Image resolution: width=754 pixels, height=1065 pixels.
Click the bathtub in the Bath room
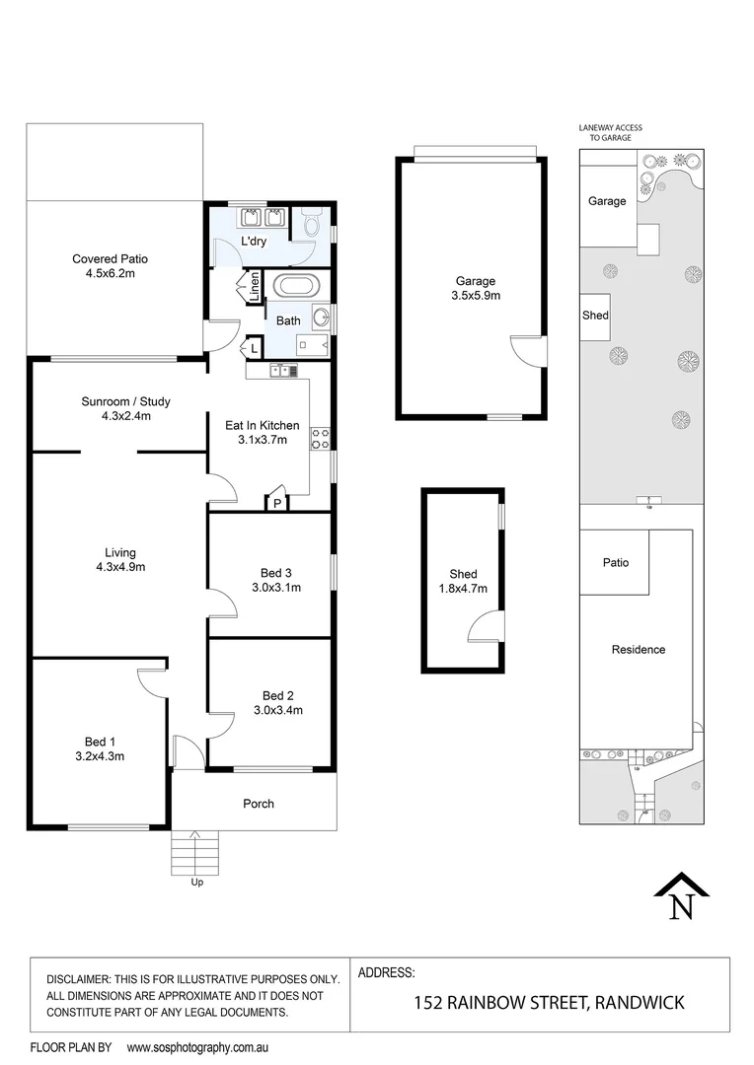coord(296,288)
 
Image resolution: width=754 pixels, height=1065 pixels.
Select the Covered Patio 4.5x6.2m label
coord(110,266)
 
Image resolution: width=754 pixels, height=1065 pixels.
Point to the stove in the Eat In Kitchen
coord(320,438)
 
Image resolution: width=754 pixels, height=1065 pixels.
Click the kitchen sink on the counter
coord(284,371)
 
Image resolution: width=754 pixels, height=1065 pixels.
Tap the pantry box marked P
coord(278,503)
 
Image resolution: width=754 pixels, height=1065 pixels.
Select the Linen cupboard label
coord(255,286)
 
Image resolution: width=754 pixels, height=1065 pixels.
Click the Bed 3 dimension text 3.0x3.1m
coord(276,587)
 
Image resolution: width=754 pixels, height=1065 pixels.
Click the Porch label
coord(259,804)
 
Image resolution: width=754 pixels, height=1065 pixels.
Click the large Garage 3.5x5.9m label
coord(475,287)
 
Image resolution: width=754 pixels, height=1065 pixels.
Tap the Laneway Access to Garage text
coord(610,133)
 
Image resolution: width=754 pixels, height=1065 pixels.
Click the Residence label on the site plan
coord(639,650)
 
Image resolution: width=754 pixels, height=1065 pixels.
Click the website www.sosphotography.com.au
coord(197,1047)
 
